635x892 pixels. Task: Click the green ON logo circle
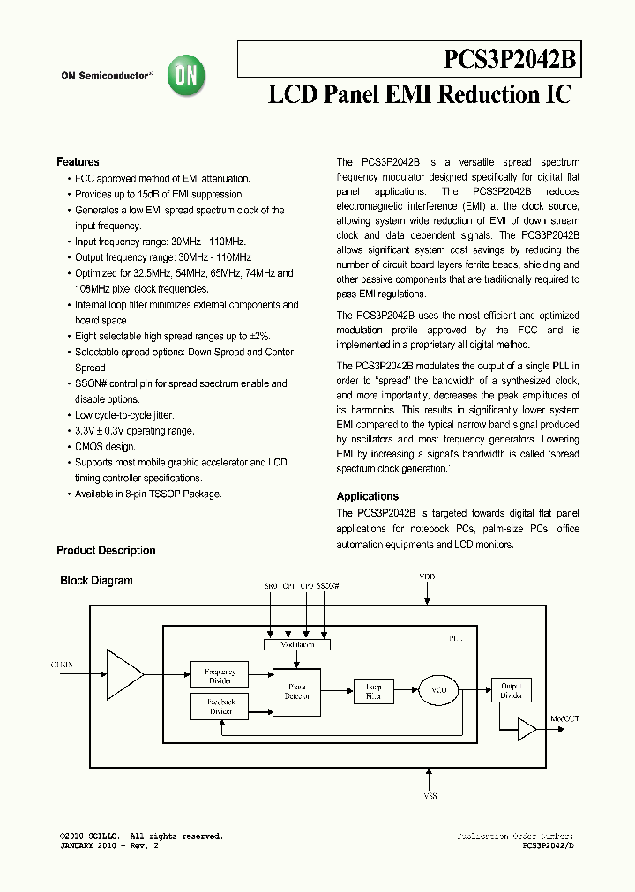pyautogui.click(x=187, y=77)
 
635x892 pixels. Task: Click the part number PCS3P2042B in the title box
pyautogui.click(x=510, y=60)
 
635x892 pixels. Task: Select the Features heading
pyautogui.click(x=78, y=162)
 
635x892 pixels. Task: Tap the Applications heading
pyautogui.click(x=368, y=496)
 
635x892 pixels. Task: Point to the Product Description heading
pyautogui.click(x=106, y=551)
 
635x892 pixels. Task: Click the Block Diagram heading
pyautogui.click(x=96, y=581)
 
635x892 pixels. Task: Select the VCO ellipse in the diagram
pyautogui.click(x=438, y=690)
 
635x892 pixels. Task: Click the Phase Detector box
pyautogui.click(x=296, y=690)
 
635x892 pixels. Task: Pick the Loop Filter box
pyautogui.click(x=374, y=690)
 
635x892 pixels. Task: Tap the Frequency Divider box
pyautogui.click(x=220, y=675)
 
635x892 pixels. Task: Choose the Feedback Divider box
pyautogui.click(x=220, y=706)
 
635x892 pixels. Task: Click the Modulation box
pyautogui.click(x=296, y=645)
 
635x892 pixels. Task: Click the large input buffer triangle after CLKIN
pyautogui.click(x=124, y=675)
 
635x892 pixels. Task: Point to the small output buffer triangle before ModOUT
pyautogui.click(x=527, y=729)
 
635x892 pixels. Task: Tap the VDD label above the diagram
pyautogui.click(x=427, y=576)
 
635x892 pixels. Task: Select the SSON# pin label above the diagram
pyautogui.click(x=328, y=585)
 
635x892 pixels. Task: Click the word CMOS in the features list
pyautogui.click(x=89, y=447)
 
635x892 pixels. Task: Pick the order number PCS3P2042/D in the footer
pyautogui.click(x=549, y=845)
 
